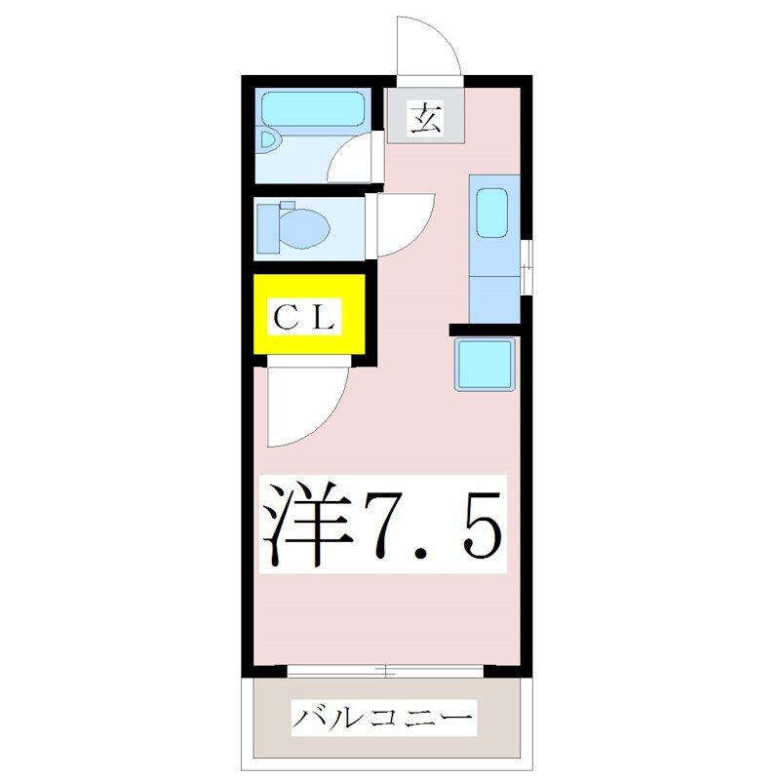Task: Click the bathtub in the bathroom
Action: tap(312, 108)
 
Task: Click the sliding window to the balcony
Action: tap(386, 671)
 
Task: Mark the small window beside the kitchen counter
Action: tap(526, 266)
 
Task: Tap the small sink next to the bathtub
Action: tap(269, 141)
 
